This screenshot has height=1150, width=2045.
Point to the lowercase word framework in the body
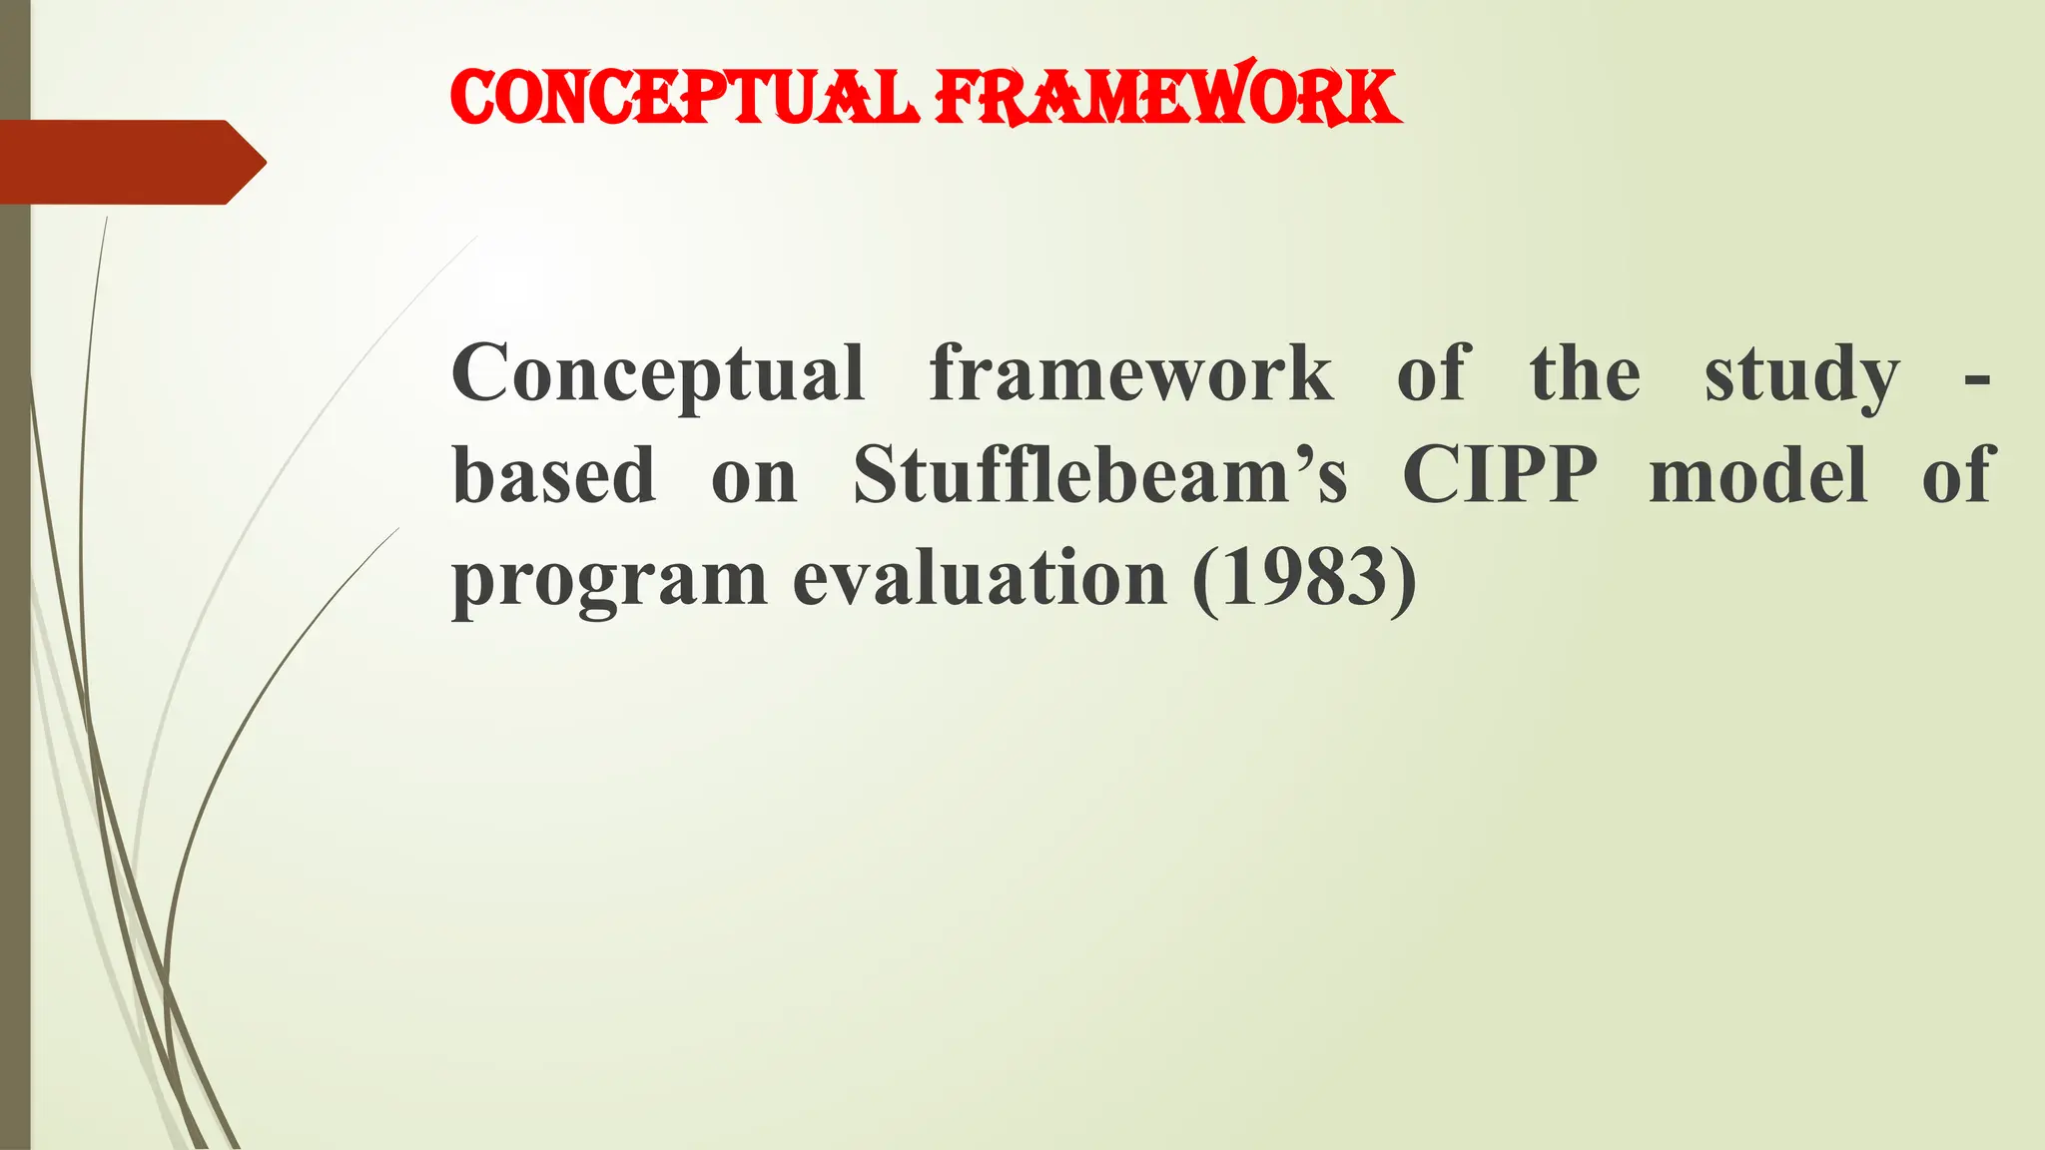click(x=1130, y=373)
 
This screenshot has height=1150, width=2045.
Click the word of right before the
click(x=1433, y=373)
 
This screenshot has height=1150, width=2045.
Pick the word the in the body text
click(x=1585, y=373)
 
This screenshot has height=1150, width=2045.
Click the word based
click(x=554, y=475)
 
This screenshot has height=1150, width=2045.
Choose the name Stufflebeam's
click(x=1099, y=475)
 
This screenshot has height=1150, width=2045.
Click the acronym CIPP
click(x=1499, y=475)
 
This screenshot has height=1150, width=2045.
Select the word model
click(x=1758, y=475)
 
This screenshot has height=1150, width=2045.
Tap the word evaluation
click(x=980, y=579)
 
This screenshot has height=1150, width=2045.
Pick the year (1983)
click(x=1304, y=579)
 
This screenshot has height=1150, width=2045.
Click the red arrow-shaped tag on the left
click(x=130, y=162)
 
